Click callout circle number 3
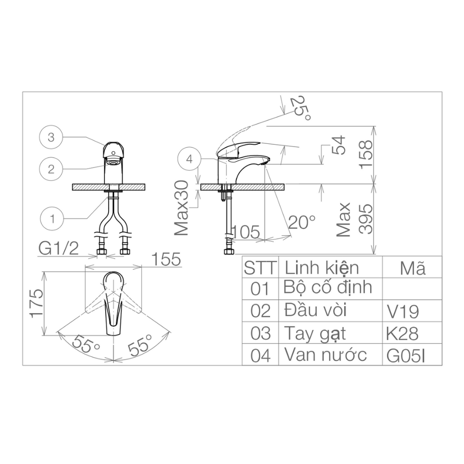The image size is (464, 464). point(52,137)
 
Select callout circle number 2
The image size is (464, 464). point(52,169)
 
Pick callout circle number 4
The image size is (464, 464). point(189,159)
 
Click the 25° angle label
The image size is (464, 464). point(300,109)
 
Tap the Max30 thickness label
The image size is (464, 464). point(182,208)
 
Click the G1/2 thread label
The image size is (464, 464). point(58,249)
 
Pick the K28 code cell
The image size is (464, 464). point(402,334)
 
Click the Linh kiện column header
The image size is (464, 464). point(322,268)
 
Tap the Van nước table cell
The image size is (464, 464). point(325,355)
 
